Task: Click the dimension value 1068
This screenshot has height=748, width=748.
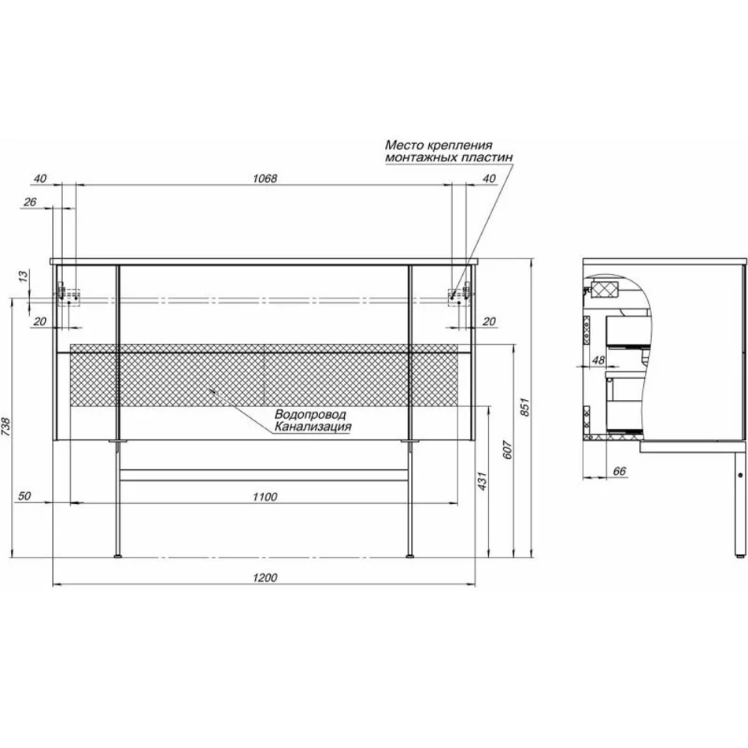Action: [265, 179]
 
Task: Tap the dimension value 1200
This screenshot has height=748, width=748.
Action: [265, 578]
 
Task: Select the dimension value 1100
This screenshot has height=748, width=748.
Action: [265, 497]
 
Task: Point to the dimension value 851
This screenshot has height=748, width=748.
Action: [524, 406]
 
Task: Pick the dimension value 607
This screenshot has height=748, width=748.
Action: [507, 450]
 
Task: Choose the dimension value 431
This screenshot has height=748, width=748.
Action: [483, 481]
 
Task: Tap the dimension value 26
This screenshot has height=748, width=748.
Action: [30, 202]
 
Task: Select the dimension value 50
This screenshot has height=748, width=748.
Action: [24, 495]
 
